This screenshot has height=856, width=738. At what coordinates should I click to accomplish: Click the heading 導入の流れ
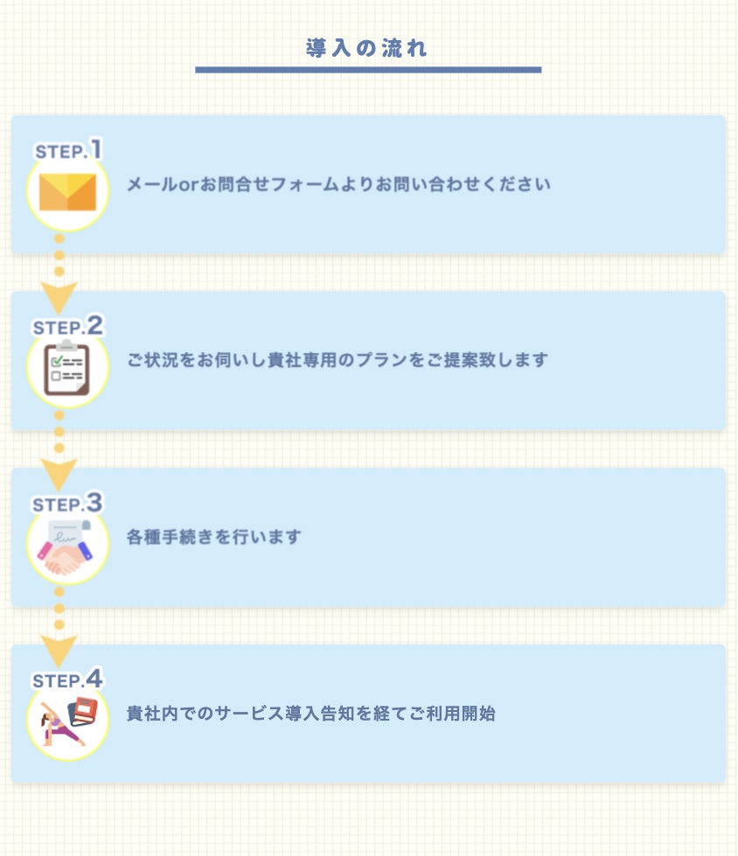(367, 48)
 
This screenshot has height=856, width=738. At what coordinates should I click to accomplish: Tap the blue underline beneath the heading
(367, 69)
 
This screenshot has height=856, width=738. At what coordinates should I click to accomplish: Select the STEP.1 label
(68, 150)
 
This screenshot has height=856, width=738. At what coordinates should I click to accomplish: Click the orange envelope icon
(67, 192)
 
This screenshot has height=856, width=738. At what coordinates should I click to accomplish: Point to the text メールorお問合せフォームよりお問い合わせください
(338, 185)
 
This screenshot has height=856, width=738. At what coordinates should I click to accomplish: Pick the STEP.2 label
(68, 327)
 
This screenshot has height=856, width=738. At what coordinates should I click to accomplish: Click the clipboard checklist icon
(67, 368)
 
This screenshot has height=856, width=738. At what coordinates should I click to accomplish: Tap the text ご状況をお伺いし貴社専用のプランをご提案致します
(338, 360)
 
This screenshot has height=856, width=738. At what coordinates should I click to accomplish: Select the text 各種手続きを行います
(213, 536)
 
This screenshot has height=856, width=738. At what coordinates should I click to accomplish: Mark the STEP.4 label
(68, 679)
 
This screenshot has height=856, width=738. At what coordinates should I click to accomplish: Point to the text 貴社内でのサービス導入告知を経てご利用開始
(311, 713)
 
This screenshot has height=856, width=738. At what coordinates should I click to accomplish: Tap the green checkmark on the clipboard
(58, 360)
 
